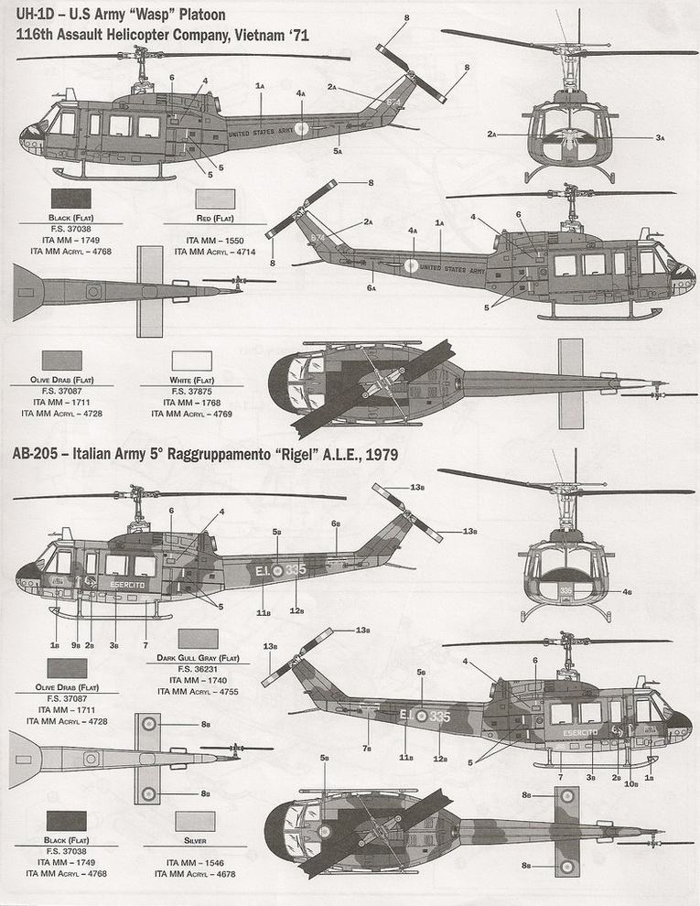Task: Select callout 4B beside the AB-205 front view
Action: (x=628, y=592)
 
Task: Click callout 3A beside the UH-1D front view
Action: (x=659, y=137)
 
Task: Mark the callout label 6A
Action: (x=371, y=288)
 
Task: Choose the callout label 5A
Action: (x=338, y=151)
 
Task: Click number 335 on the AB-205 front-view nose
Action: (x=565, y=590)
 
